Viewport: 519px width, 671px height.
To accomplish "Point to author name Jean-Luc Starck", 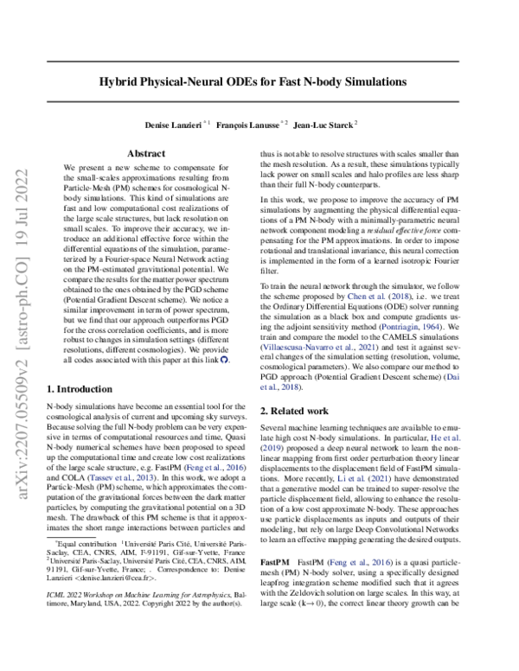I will (326, 124).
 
